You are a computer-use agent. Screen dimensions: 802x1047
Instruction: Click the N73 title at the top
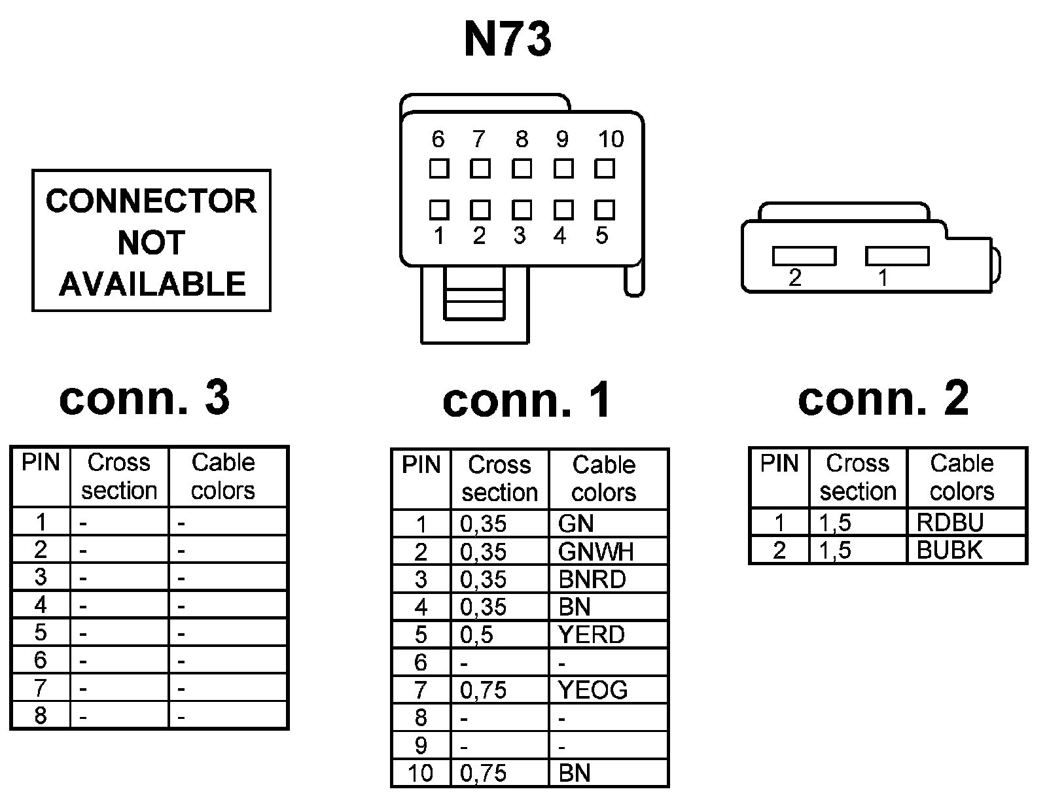click(x=508, y=39)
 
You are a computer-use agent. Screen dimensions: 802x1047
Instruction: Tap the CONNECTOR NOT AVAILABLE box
click(x=151, y=241)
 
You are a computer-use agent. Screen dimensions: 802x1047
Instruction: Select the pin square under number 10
click(x=605, y=169)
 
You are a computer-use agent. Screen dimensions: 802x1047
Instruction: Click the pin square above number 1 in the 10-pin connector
click(x=439, y=209)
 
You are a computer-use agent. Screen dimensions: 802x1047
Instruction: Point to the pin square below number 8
click(x=522, y=169)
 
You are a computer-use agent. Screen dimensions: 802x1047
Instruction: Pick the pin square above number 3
click(x=522, y=209)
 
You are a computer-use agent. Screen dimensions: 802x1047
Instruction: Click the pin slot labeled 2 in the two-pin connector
click(x=804, y=256)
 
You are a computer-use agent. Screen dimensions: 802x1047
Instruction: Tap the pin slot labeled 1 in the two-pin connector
click(x=897, y=256)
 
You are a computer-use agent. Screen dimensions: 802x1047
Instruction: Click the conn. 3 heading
click(x=145, y=397)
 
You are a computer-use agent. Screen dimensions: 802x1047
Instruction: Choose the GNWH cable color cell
click(x=608, y=552)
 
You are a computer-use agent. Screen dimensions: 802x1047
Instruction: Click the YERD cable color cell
click(x=608, y=635)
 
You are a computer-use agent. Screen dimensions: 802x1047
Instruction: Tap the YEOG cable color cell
click(x=608, y=690)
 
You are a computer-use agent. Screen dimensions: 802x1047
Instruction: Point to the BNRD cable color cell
click(x=608, y=580)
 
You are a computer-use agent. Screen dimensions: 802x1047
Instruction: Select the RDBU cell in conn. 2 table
click(x=966, y=523)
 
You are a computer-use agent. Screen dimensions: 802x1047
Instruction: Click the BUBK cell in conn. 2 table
click(x=966, y=550)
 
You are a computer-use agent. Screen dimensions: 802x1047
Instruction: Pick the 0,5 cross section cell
click(x=500, y=635)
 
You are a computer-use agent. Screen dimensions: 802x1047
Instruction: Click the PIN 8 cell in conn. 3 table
click(x=41, y=716)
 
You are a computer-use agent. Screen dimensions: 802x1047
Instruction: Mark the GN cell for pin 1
click(x=608, y=524)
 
